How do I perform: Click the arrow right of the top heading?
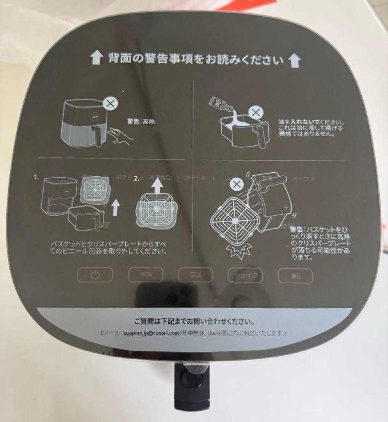295,60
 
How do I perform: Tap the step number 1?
37,177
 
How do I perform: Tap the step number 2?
136,179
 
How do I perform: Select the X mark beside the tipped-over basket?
235,184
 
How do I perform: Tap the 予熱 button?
145,275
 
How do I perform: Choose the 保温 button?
196,275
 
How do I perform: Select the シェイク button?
245,275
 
